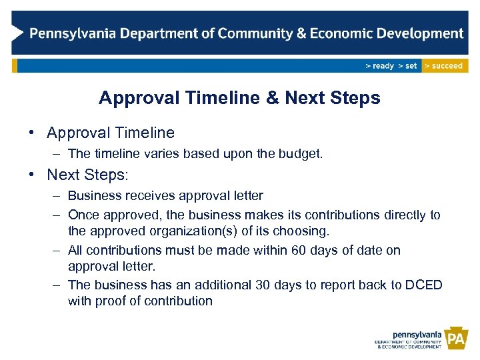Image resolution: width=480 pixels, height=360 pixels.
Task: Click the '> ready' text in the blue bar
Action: pyautogui.click(x=379, y=66)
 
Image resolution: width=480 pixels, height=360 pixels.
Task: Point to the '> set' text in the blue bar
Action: pyautogui.click(x=407, y=66)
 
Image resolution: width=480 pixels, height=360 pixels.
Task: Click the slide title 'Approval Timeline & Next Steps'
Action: pyautogui.click(x=239, y=98)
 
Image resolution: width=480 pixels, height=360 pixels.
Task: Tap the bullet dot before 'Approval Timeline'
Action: pyautogui.click(x=31, y=133)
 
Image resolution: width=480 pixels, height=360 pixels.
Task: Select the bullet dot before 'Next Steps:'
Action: pyautogui.click(x=31, y=175)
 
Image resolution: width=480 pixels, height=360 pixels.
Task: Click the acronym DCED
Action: pyautogui.click(x=423, y=285)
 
